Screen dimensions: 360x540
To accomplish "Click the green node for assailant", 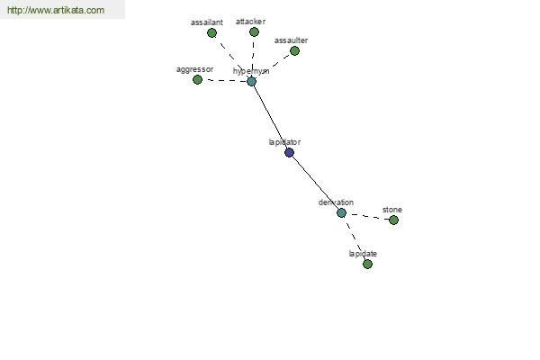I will click(212, 33).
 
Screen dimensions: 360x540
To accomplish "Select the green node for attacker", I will click(254, 32).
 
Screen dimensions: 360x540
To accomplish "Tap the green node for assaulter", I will click(294, 51).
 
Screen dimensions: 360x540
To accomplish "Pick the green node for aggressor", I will click(198, 80).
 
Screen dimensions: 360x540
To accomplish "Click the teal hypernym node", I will click(252, 82).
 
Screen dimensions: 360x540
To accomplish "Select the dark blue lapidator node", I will click(289, 153).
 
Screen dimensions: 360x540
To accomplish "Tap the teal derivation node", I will click(341, 213).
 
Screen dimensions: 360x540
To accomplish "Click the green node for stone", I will click(393, 220).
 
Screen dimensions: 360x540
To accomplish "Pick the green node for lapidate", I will click(367, 265).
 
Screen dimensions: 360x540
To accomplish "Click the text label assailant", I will click(207, 22).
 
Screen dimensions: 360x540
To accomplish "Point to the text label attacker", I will click(250, 21).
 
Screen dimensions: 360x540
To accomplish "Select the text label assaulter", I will click(291, 40).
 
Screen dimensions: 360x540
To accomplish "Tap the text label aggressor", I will click(194, 69).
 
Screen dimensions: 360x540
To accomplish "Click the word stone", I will click(392, 210).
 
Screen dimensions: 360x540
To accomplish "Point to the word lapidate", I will click(363, 254).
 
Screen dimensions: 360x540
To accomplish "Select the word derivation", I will click(336, 202).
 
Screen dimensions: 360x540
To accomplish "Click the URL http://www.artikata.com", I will click(56, 11).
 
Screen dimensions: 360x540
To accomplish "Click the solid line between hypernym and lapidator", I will click(270, 117).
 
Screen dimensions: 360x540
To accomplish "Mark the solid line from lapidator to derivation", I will click(315, 183).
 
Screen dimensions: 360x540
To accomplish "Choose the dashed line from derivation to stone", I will click(367, 217).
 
